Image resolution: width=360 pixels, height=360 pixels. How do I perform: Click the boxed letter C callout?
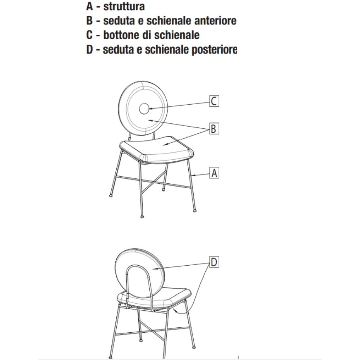click(x=214, y=101)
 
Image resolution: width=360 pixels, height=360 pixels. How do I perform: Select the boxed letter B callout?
click(x=214, y=128)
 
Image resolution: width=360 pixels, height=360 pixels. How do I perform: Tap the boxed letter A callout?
click(x=214, y=173)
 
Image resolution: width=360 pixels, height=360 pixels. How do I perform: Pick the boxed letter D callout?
click(x=214, y=262)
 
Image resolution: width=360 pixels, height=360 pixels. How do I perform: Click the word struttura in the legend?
click(x=124, y=7)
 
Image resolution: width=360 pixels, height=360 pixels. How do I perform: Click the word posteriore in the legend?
click(x=214, y=50)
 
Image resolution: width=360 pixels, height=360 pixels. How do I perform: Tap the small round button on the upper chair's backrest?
click(x=144, y=108)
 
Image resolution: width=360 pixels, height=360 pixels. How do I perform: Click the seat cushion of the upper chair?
click(x=156, y=149)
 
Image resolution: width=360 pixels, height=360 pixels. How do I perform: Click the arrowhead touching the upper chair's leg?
click(x=193, y=176)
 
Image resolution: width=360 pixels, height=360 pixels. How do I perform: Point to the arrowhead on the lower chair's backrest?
click(x=154, y=269)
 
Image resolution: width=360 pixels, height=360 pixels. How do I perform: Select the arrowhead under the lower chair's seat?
click(x=175, y=311)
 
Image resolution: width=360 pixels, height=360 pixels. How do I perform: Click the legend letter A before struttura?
click(x=89, y=7)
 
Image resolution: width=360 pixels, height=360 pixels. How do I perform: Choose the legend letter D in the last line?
click(x=89, y=49)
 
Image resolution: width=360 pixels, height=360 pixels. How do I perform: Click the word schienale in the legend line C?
click(x=177, y=35)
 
